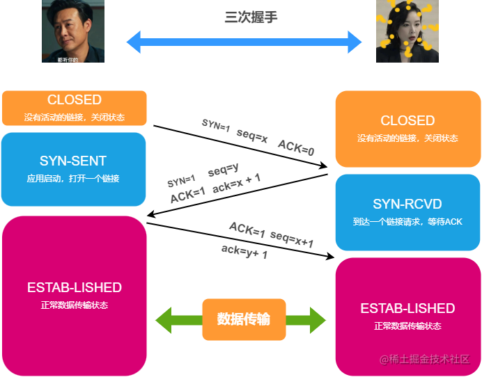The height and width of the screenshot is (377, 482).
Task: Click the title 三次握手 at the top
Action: pos(251,17)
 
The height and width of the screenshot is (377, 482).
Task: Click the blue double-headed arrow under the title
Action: pos(244,42)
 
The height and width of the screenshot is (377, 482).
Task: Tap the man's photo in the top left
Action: pos(73,31)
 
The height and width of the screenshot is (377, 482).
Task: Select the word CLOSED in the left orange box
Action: pos(75,100)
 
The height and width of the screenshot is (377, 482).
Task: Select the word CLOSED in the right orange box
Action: pos(407,121)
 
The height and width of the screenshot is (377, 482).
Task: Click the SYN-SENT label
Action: pos(73,161)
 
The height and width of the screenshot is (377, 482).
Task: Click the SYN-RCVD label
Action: pos(407,204)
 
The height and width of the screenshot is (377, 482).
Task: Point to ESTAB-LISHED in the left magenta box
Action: pos(75,287)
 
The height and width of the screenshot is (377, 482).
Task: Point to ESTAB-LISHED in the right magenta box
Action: pos(407,308)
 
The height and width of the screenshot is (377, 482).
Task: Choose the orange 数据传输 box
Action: pos(244,319)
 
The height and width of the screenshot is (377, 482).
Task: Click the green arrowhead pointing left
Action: pos(164,320)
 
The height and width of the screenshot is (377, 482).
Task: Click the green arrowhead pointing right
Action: pos(318,320)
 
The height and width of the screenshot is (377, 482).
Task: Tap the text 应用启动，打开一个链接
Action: pos(73,179)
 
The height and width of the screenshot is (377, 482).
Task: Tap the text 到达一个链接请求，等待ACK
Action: pos(407,222)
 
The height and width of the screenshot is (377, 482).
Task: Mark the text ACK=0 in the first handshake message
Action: pos(296,147)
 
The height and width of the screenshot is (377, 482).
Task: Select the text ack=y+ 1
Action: pos(244,252)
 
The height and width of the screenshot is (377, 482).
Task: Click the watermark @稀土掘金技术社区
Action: pos(425,359)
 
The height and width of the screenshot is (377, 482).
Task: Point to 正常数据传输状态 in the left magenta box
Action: pos(75,305)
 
